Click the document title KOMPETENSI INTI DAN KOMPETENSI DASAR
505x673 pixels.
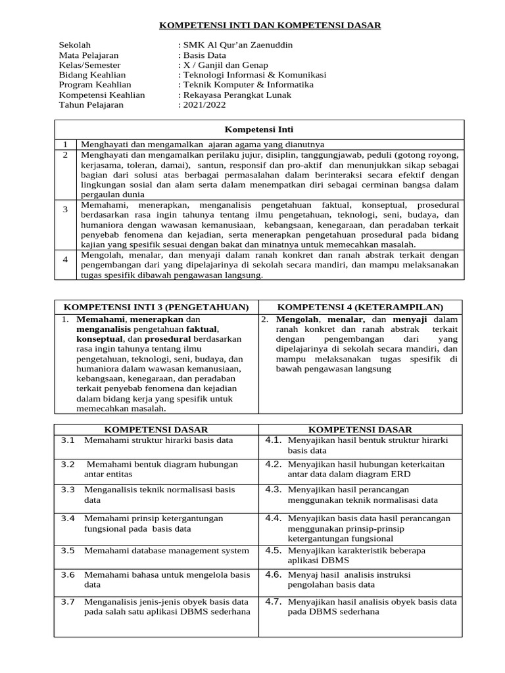[271, 26]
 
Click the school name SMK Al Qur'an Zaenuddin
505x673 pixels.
[237, 45]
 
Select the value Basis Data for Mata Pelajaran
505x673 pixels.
[204, 55]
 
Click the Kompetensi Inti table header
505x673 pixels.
[259, 130]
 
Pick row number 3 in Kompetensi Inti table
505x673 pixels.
[66, 210]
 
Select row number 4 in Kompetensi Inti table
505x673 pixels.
[66, 260]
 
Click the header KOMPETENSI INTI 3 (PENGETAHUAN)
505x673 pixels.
[156, 307]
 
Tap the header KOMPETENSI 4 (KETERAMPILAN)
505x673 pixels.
[360, 307]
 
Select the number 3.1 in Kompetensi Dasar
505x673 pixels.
[68, 440]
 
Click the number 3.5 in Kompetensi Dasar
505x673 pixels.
[68, 551]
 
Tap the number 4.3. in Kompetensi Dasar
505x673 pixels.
[274, 490]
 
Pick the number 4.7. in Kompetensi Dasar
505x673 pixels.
[274, 601]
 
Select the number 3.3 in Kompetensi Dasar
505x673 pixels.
[68, 490]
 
